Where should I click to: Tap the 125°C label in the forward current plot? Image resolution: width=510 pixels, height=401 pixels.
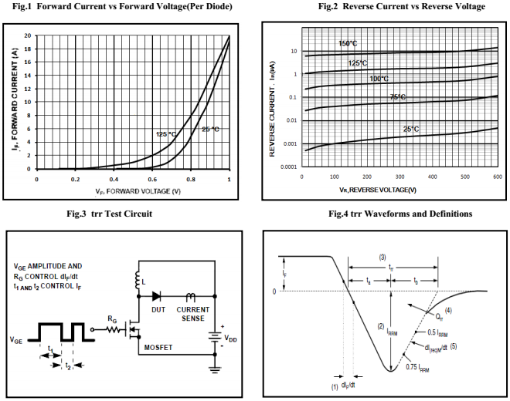pyautogui.click(x=166, y=134)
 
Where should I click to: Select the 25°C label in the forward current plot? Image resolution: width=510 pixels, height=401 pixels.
pyautogui.click(x=210, y=129)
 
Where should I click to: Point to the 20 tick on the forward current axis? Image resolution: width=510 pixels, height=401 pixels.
pyautogui.click(x=28, y=35)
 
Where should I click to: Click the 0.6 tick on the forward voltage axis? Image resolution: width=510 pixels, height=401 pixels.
pyautogui.click(x=152, y=178)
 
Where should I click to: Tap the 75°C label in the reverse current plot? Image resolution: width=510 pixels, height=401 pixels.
pyautogui.click(x=398, y=97)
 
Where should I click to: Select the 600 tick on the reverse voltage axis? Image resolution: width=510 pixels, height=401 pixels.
pyautogui.click(x=496, y=177)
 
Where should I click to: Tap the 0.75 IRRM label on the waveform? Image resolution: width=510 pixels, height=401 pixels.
pyautogui.click(x=423, y=366)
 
